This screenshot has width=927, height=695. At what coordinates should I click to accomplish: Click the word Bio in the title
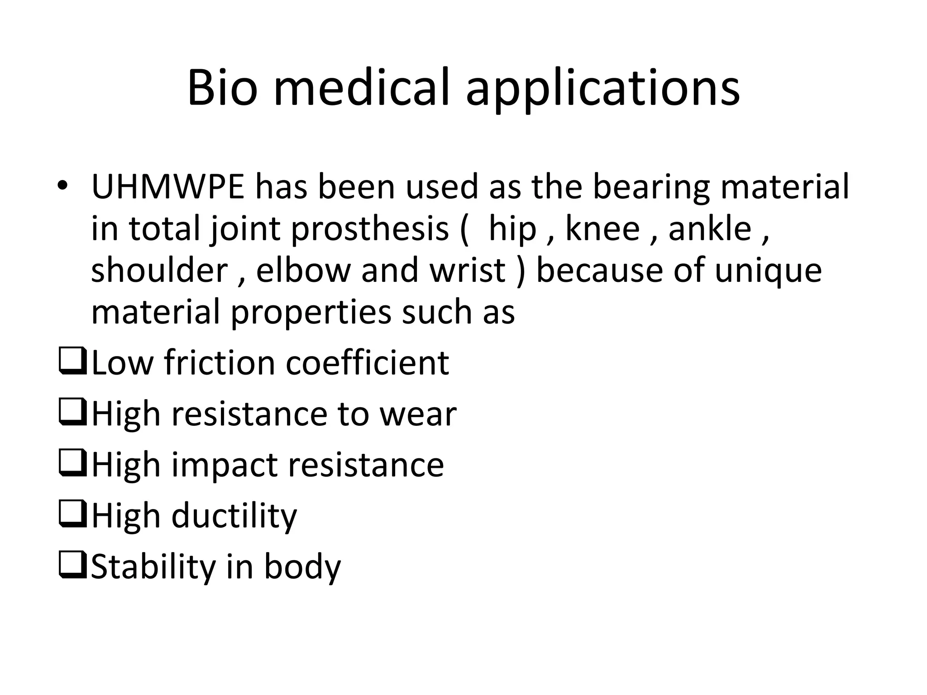click(x=222, y=88)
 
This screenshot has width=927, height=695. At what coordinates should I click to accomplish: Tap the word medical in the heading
click(x=362, y=88)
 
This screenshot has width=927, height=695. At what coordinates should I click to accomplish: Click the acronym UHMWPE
click(x=168, y=187)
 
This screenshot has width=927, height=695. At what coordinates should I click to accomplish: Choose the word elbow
click(x=303, y=270)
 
